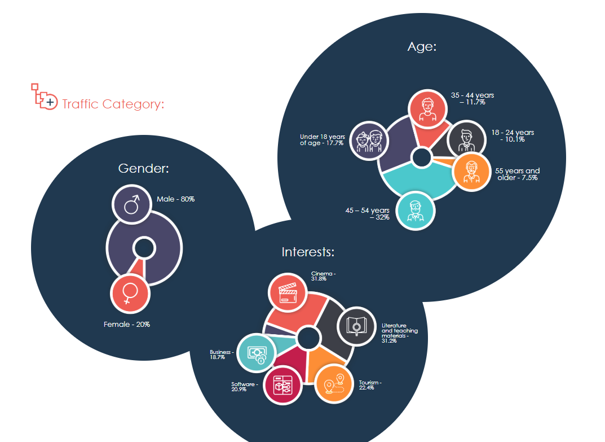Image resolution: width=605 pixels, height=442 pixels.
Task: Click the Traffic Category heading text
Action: tap(113, 104)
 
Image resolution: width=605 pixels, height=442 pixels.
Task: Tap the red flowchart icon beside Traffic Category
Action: tap(43, 97)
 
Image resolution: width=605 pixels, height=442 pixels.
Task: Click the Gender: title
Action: tap(144, 168)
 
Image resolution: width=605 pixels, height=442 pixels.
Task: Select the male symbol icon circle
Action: tap(131, 204)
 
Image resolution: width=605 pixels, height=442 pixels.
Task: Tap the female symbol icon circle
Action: tap(130, 293)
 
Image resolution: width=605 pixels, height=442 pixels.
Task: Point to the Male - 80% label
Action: tap(175, 199)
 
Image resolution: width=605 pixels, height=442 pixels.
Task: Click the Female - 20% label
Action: tap(127, 325)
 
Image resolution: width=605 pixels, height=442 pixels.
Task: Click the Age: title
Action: tap(422, 47)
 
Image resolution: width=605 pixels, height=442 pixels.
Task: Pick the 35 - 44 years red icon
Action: tap(427, 108)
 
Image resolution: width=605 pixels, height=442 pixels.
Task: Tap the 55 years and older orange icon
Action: tap(470, 171)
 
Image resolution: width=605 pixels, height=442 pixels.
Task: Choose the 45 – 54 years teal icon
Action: tap(416, 210)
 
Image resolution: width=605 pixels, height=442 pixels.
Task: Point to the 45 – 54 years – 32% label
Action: tap(368, 214)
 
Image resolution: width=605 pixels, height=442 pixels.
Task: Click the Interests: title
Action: tap(308, 252)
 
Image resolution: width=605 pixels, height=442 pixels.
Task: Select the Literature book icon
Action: tap(356, 326)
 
